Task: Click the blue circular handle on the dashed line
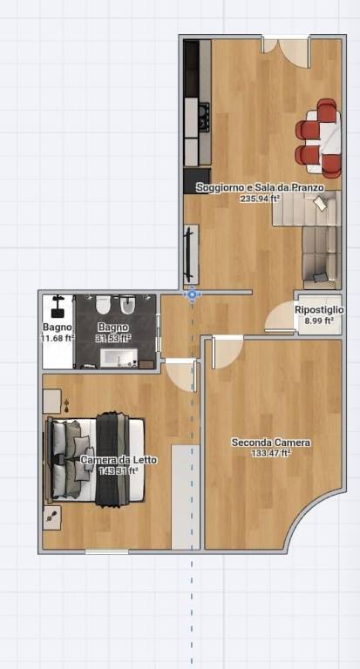point(192,294)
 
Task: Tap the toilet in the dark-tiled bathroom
point(103,304)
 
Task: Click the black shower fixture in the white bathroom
point(58,307)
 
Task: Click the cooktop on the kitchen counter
point(204,117)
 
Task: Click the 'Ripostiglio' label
point(319,311)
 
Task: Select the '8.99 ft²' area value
point(319,321)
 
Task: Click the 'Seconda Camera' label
point(271,443)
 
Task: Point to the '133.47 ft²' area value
point(271,453)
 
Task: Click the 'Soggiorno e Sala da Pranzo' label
point(260,188)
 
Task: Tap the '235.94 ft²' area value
point(260,198)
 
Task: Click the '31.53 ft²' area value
point(113,338)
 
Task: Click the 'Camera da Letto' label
point(119,460)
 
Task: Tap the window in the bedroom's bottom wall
point(106,551)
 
